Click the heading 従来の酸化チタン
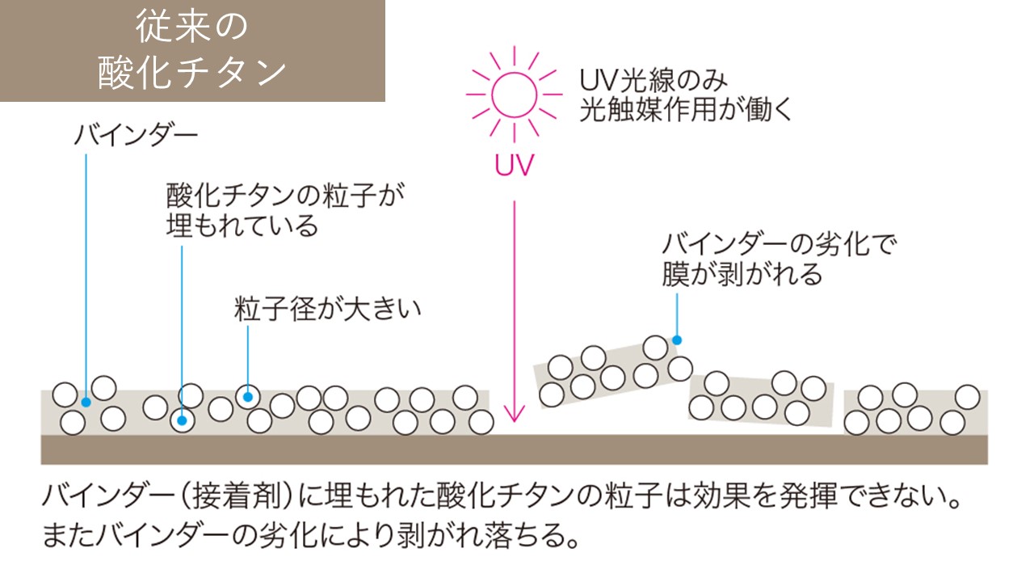pyautogui.click(x=192, y=50)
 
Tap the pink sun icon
pyautogui.click(x=514, y=95)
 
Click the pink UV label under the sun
pyautogui.click(x=514, y=167)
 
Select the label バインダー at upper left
pyautogui.click(x=136, y=135)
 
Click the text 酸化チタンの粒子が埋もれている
pyautogui.click(x=283, y=209)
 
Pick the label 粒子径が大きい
pyautogui.click(x=328, y=310)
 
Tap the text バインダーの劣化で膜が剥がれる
pyautogui.click(x=780, y=259)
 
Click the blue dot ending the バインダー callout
pyautogui.click(x=85, y=401)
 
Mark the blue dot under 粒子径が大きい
pyautogui.click(x=248, y=396)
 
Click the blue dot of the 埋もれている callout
pyautogui.click(x=183, y=420)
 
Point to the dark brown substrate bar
pyautogui.click(x=514, y=449)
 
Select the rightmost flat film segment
pyautogui.click(x=915, y=411)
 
